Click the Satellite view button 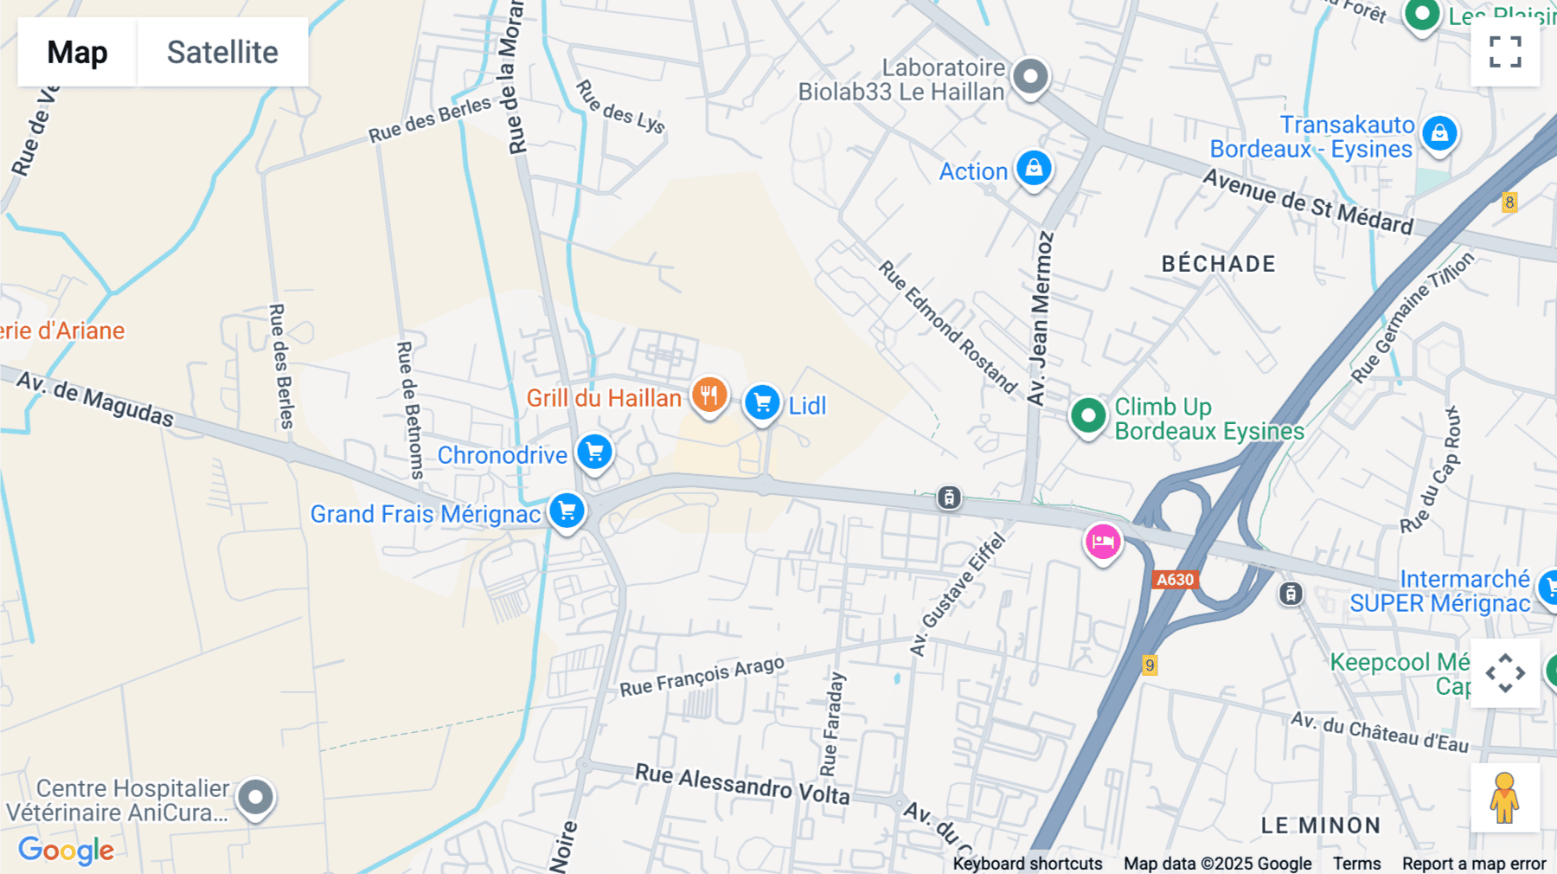pyautogui.click(x=222, y=52)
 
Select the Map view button pyautogui.click(x=77, y=52)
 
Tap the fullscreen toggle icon pyautogui.click(x=1505, y=52)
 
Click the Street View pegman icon pyautogui.click(x=1505, y=797)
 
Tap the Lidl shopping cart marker pyautogui.click(x=762, y=402)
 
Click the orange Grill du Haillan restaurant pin pyautogui.click(x=708, y=395)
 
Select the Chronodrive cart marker pyautogui.click(x=594, y=452)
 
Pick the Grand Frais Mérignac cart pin pyautogui.click(x=567, y=511)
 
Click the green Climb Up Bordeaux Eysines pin pyautogui.click(x=1088, y=416)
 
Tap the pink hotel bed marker pyautogui.click(x=1103, y=543)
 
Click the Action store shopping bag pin pyautogui.click(x=1034, y=168)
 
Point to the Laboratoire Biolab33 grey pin pyautogui.click(x=1030, y=77)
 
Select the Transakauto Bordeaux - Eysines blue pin pyautogui.click(x=1439, y=134)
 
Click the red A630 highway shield pyautogui.click(x=1175, y=580)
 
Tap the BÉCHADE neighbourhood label pyautogui.click(x=1218, y=264)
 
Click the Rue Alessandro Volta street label pyautogui.click(x=742, y=783)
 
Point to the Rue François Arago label pyautogui.click(x=702, y=676)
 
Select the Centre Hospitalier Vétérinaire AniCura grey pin pyautogui.click(x=255, y=797)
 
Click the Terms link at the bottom pyautogui.click(x=1356, y=863)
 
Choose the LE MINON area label pyautogui.click(x=1320, y=826)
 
